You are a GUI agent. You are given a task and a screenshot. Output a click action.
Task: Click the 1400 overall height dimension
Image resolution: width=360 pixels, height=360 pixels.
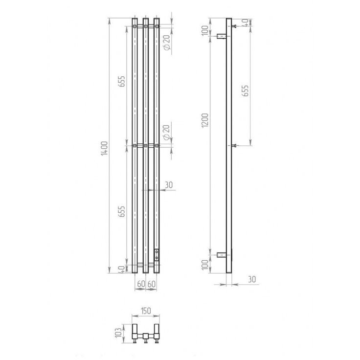tap(104, 148)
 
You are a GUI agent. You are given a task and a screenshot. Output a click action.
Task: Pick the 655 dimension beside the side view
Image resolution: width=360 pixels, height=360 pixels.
tap(246, 90)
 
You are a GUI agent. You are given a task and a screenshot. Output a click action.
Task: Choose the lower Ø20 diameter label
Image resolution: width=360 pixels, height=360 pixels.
tap(167, 133)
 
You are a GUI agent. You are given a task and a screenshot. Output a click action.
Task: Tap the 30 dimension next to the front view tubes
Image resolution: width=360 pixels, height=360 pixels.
tap(169, 185)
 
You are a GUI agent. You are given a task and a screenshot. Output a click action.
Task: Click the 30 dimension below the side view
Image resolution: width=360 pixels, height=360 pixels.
tap(252, 279)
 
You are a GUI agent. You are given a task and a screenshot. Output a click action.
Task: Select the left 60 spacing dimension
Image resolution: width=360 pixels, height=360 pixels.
tap(141, 284)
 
